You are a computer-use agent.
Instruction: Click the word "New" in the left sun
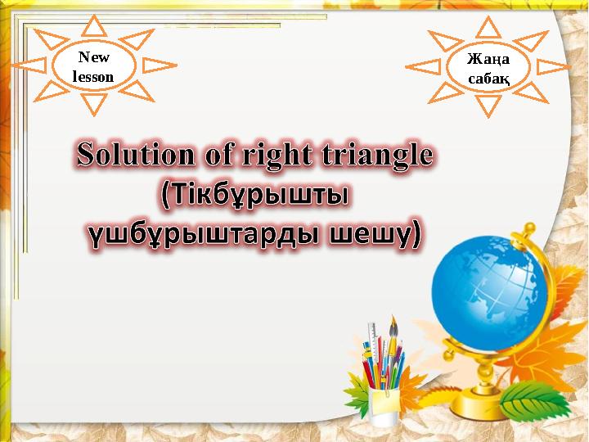coord(92,57)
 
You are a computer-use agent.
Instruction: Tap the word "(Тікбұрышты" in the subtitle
coord(254,196)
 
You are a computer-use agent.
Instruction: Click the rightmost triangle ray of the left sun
coord(160,65)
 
